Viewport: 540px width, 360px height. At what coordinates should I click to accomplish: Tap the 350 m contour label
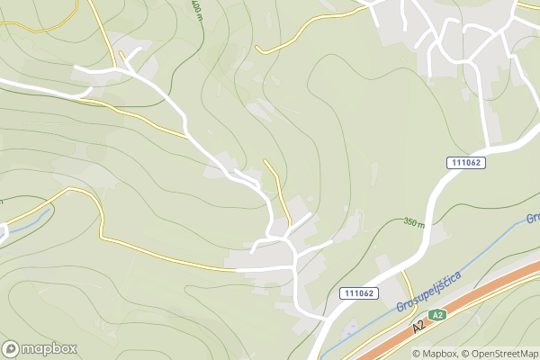pyautogui.click(x=414, y=222)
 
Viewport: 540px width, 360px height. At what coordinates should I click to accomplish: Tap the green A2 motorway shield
pyautogui.click(x=437, y=315)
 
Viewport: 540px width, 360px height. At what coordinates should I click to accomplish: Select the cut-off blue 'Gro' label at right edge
pyautogui.click(x=532, y=218)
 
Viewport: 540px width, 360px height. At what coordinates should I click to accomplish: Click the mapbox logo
pyautogui.click(x=39, y=348)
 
